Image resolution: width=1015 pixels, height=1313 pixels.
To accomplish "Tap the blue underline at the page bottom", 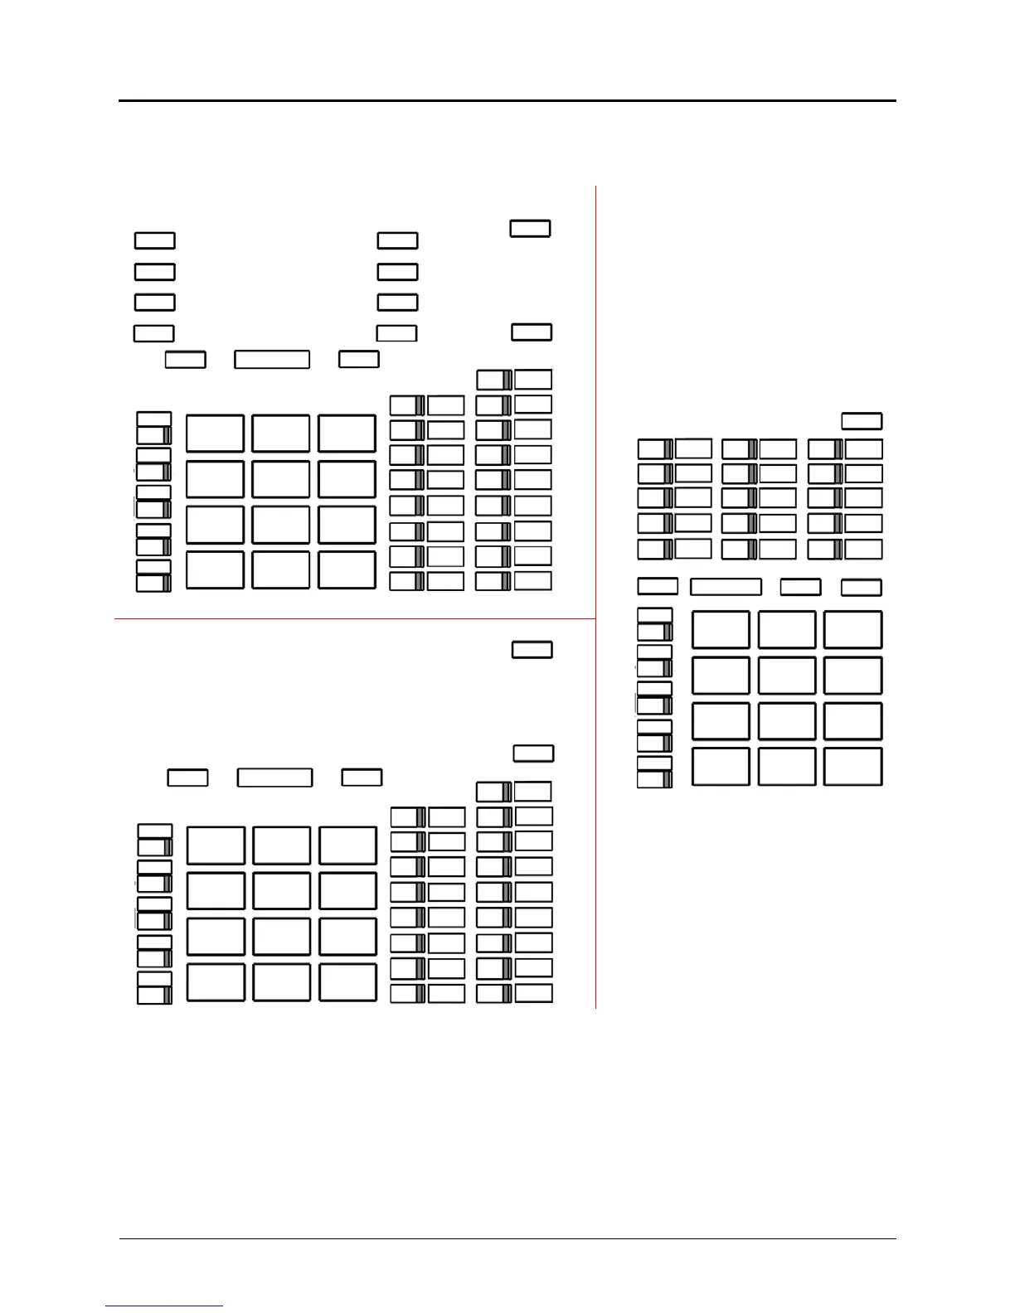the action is (164, 1306).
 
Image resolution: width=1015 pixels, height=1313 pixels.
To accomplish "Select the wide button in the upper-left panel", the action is (272, 359).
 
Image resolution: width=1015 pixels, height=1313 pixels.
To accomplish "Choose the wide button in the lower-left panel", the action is (274, 778).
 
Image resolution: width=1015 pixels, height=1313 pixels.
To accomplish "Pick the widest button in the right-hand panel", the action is (726, 587).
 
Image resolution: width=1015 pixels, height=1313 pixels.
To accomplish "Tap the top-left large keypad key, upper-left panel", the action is (215, 434).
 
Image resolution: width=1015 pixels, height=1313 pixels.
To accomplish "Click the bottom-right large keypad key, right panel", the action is (852, 767).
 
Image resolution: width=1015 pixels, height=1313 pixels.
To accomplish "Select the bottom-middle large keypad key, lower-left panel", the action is (282, 982).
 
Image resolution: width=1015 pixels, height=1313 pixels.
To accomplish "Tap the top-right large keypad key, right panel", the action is (852, 630).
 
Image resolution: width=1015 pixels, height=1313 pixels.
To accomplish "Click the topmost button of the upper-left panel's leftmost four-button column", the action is (155, 240).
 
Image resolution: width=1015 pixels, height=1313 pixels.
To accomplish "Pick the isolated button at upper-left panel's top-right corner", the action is (530, 228).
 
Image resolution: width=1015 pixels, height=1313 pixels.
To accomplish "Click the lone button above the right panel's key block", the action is (862, 420).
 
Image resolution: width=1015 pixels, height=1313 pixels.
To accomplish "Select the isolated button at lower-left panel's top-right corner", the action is (532, 649).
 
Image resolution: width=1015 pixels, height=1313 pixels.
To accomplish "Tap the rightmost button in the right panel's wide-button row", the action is (862, 587).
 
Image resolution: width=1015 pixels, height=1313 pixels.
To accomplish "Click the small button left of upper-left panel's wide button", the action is (185, 359).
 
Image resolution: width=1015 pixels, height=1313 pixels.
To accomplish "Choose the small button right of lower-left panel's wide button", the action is (362, 778).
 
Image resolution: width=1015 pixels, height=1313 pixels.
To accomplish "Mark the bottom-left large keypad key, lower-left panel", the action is (216, 982).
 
